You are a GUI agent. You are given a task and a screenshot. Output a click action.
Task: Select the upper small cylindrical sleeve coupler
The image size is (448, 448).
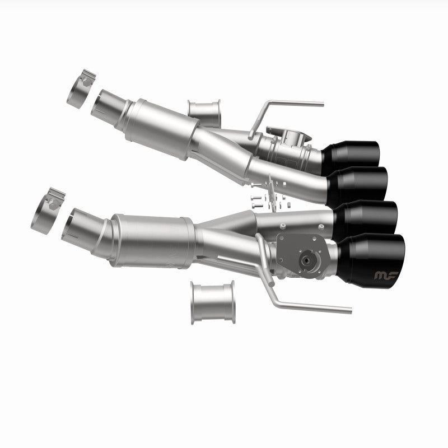[x=204, y=113]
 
